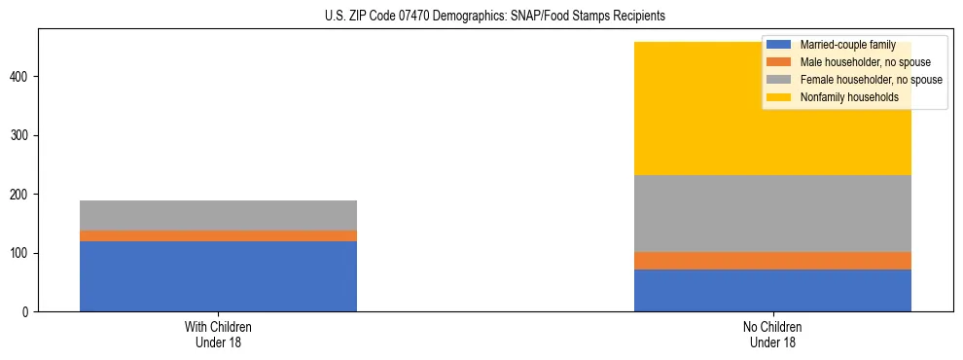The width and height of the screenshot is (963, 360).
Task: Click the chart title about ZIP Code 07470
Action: pos(495,16)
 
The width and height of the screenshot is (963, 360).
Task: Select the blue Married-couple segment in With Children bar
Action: pos(218,276)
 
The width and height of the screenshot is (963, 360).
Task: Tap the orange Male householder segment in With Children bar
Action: pos(218,235)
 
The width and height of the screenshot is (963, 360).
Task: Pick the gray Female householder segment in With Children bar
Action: pos(218,215)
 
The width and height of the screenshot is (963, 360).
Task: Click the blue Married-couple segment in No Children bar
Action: pos(772,290)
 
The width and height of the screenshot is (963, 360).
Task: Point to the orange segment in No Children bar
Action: pos(772,261)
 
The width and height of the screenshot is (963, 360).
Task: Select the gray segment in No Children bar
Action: pos(772,213)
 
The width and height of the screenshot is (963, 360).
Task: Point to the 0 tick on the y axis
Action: pos(27,312)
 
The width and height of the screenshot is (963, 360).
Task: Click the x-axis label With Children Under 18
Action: pos(218,335)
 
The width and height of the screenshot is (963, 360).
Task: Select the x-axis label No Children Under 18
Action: pos(772,335)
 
